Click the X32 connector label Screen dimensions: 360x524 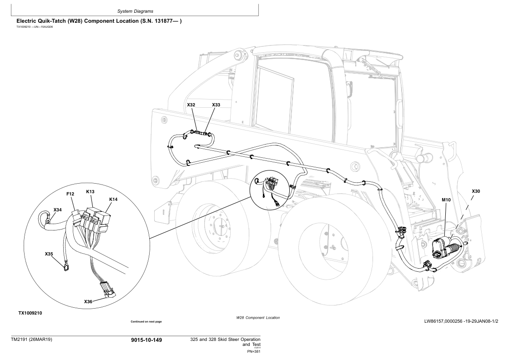coord(191,105)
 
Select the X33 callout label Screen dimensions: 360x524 coord(216,105)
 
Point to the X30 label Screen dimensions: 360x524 coord(476,191)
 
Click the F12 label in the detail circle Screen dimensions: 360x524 coord(70,194)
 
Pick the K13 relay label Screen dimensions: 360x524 coord(90,192)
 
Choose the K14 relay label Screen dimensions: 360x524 coord(113,200)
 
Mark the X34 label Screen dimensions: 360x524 coord(57,210)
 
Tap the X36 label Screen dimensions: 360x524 coord(88,301)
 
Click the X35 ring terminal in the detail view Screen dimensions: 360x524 coord(67,269)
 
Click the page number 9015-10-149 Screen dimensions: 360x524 coord(146,340)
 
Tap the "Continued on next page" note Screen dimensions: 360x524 coord(146,322)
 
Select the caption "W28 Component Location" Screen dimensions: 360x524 coord(258,318)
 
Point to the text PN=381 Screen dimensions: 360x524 coord(253,351)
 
